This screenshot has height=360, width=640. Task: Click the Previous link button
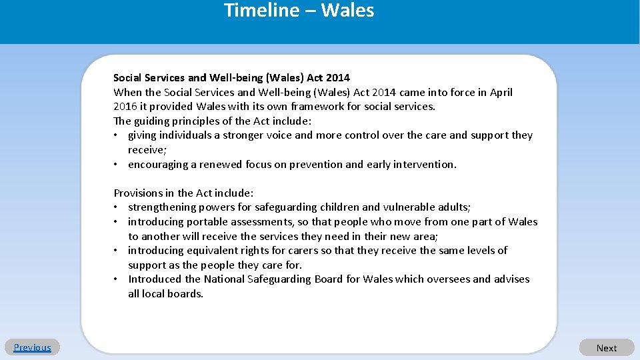coord(32,347)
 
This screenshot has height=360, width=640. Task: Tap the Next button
coord(606,348)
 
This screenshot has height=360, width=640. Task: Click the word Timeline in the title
coord(253,11)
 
